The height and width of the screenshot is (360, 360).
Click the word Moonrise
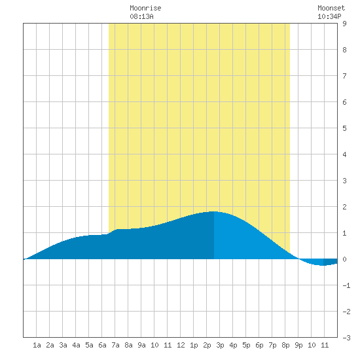click(145, 8)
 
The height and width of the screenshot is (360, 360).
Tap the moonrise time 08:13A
click(141, 16)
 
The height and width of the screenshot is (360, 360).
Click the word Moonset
click(331, 8)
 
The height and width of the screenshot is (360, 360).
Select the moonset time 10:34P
click(329, 16)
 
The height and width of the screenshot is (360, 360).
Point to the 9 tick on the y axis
click(344, 24)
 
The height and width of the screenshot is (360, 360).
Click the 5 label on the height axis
click(344, 128)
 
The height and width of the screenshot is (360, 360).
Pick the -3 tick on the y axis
click(346, 338)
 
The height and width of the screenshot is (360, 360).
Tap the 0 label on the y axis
click(344, 259)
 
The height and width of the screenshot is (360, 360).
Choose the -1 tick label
click(346, 285)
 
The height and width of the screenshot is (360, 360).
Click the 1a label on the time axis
click(37, 345)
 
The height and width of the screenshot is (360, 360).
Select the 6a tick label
click(102, 345)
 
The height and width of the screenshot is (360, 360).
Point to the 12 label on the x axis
click(181, 345)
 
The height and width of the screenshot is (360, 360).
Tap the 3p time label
click(220, 345)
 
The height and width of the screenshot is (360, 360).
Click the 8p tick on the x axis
click(285, 345)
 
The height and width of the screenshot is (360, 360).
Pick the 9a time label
click(141, 345)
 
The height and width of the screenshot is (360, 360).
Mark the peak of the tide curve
click(214, 211)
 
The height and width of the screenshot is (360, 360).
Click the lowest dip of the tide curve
click(323, 265)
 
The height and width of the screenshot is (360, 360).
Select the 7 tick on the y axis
click(344, 76)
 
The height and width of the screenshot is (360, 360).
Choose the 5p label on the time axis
click(246, 345)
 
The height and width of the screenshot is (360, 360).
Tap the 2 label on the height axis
click(344, 207)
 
